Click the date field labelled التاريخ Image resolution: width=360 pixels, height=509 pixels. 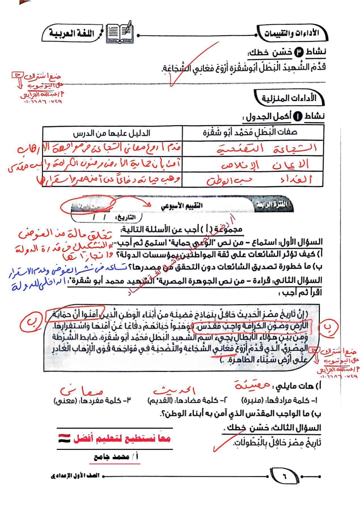pyautogui.click(x=108, y=218)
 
